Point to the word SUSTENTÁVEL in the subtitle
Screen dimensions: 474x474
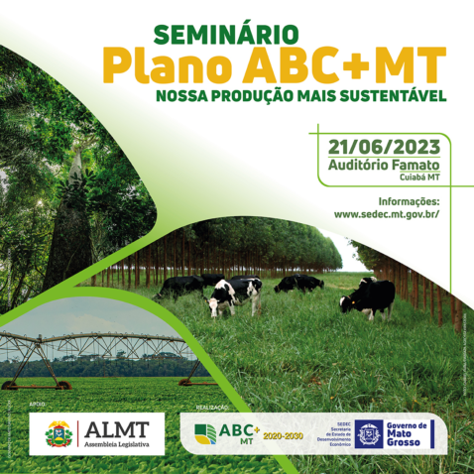[x=390, y=97]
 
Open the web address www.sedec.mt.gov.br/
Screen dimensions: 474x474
[x=386, y=213]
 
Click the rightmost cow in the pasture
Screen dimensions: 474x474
[x=368, y=296]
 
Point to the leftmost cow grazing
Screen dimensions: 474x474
[x=179, y=287]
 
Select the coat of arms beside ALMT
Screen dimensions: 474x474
[x=59, y=434]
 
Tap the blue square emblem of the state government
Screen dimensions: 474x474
[x=370, y=434]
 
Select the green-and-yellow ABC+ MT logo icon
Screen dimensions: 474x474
[x=205, y=433]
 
